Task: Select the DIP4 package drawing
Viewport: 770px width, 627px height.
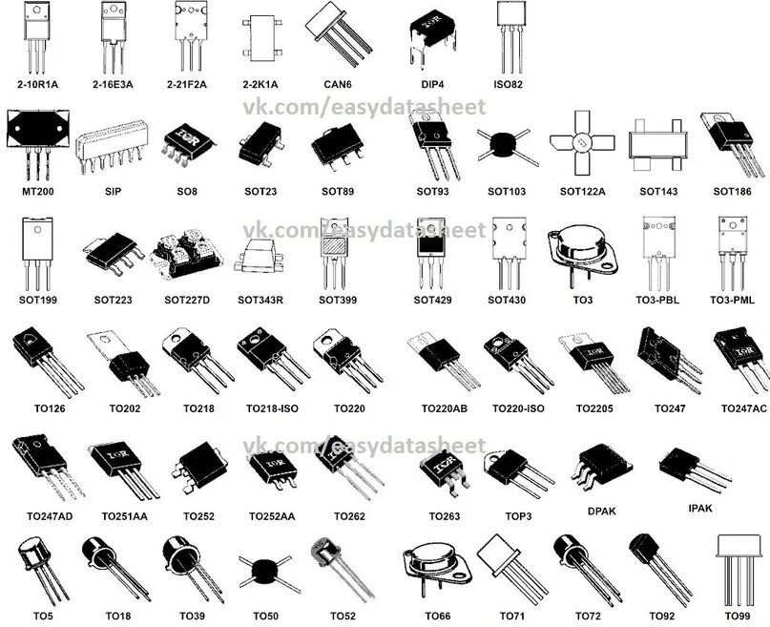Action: pyautogui.click(x=428, y=36)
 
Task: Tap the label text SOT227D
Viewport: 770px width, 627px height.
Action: pyautogui.click(x=187, y=300)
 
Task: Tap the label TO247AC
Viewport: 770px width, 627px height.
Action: pyautogui.click(x=744, y=408)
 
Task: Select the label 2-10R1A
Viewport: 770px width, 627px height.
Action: pyautogui.click(x=37, y=84)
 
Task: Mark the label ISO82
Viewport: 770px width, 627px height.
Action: pyautogui.click(x=509, y=84)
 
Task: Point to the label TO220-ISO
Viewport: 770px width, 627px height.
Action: pyautogui.click(x=518, y=408)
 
